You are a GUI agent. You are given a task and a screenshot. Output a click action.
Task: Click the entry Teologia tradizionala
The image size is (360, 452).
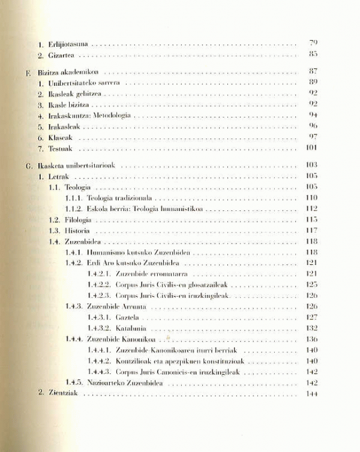pyautogui.click(x=120, y=198)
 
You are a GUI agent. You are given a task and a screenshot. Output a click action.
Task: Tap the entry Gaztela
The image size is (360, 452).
pyautogui.click(x=127, y=317)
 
